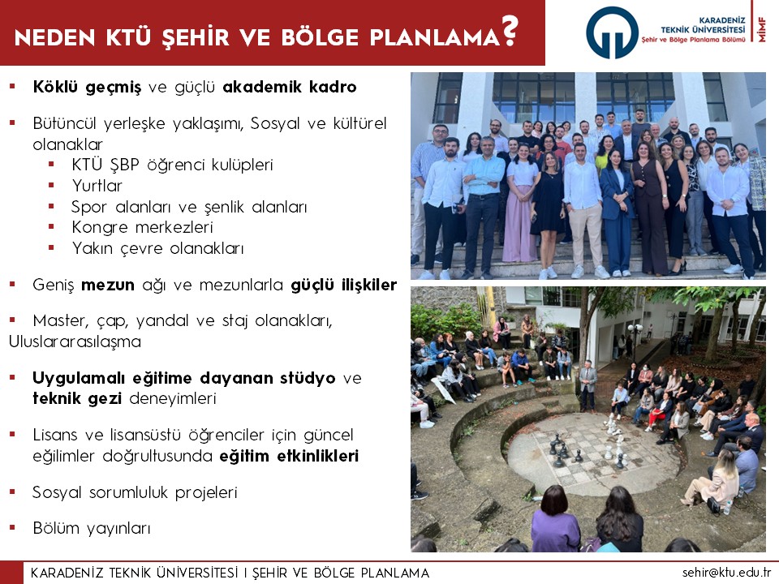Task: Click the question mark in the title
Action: (x=510, y=31)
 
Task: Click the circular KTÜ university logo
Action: (x=612, y=32)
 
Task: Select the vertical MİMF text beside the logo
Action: (x=762, y=29)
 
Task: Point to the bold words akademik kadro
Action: (x=290, y=87)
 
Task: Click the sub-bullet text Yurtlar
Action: (x=97, y=186)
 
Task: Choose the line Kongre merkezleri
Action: (x=143, y=227)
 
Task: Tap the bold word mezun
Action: (x=108, y=285)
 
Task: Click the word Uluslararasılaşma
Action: (x=75, y=342)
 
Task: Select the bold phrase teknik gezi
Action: (x=77, y=398)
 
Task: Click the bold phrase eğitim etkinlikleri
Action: (x=289, y=456)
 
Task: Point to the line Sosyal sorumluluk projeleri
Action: (x=136, y=492)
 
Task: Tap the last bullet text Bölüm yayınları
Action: (x=92, y=528)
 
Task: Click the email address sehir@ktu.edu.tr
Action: (x=726, y=572)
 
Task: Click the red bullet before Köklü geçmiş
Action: (x=12, y=87)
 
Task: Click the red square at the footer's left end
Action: (x=11, y=573)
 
